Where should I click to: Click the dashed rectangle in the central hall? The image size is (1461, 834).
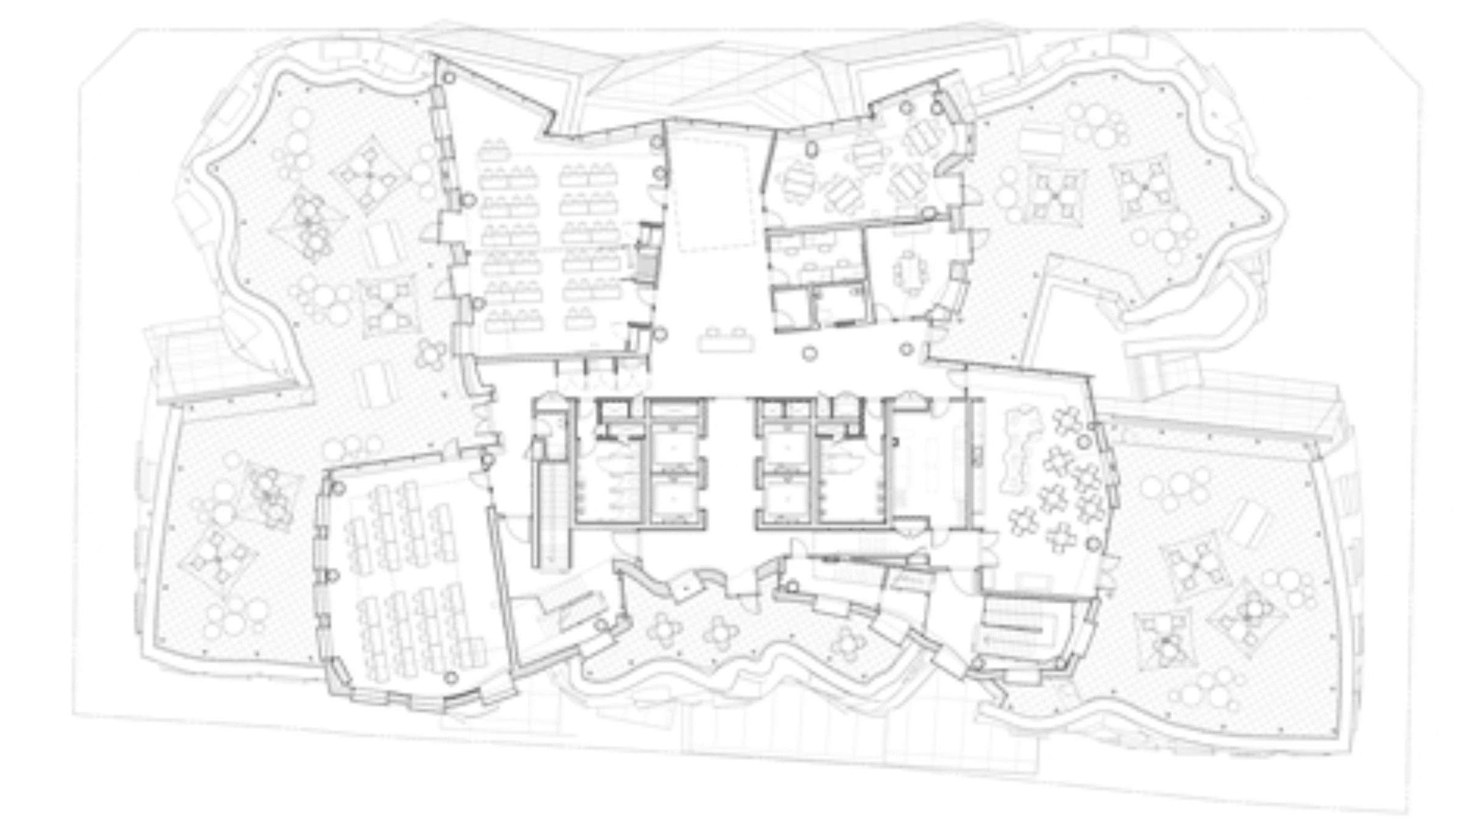tap(713, 194)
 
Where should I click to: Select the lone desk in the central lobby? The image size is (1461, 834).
tap(727, 340)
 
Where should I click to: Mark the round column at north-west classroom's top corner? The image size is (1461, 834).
tap(449, 78)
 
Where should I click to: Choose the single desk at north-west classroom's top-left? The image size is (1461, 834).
tap(494, 147)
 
